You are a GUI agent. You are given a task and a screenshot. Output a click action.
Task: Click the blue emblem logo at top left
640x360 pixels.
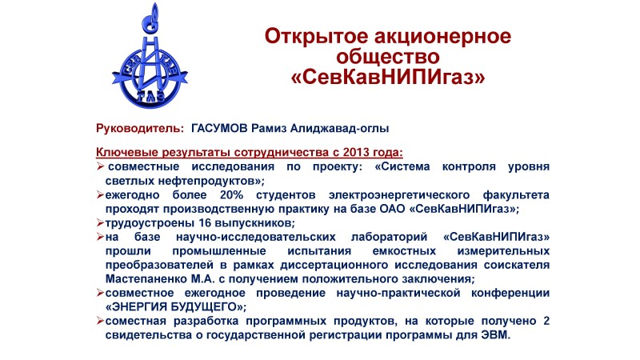coord(150,57)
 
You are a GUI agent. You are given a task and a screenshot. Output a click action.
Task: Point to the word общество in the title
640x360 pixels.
coord(388,57)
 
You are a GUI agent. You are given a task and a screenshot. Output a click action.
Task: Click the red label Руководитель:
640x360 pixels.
coord(140,129)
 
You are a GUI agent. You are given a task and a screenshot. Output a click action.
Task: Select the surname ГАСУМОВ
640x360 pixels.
coord(219,128)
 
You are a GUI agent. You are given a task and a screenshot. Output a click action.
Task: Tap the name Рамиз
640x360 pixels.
coord(269,128)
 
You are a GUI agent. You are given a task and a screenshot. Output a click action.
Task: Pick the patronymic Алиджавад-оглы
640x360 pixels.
coord(339,129)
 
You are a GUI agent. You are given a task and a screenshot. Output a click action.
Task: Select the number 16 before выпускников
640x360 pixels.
coord(205,223)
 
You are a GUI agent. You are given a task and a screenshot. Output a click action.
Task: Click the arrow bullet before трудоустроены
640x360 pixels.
coord(100,223)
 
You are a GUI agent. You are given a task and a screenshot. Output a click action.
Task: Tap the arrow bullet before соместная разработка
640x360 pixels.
coord(100,321)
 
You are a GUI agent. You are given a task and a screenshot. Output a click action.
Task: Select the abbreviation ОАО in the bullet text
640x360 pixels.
coord(392,209)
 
